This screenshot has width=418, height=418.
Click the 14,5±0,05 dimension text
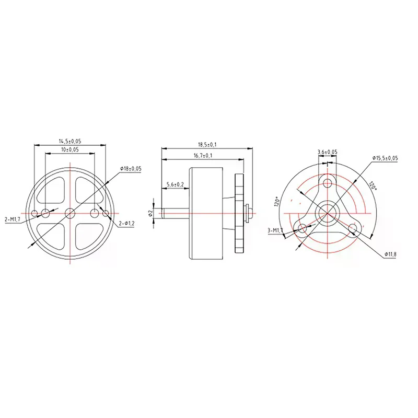click(70, 141)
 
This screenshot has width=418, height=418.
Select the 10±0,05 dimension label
click(70, 150)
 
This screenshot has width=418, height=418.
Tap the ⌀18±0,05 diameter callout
click(131, 168)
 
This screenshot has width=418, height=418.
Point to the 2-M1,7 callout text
click(12, 219)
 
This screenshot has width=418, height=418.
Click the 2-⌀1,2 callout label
click(126, 224)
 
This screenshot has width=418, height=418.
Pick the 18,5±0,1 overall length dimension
click(207, 145)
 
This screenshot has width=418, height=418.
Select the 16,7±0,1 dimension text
click(203, 155)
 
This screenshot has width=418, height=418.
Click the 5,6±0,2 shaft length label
click(175, 184)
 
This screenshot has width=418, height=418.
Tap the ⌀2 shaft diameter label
click(150, 213)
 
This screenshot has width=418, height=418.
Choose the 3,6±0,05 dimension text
click(328, 152)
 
